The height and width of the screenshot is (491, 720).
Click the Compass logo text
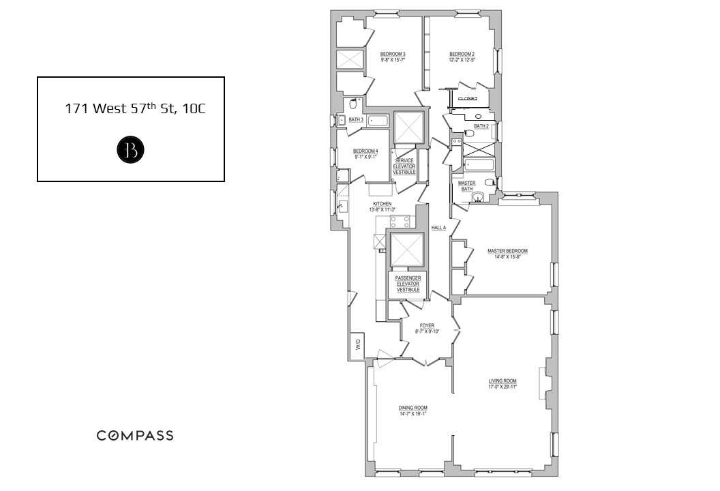point(134,436)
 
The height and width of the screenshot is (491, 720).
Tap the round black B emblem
point(130,151)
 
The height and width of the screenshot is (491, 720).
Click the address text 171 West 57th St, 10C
point(134,108)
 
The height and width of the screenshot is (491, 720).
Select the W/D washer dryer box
point(357,345)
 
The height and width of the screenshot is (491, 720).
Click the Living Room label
point(502,381)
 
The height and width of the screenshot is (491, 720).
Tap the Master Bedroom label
point(507,251)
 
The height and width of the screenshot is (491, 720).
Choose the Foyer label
point(427,326)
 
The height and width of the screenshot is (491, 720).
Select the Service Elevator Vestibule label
point(404,166)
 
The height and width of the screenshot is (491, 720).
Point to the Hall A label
point(438,228)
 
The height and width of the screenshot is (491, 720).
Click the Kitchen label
point(382,204)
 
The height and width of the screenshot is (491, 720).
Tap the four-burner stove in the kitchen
point(400,221)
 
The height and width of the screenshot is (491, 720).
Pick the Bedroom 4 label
point(365,151)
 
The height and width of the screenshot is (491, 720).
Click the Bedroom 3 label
point(393,54)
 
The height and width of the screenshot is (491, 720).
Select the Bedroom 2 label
point(462,54)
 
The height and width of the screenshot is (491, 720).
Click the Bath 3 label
point(356,120)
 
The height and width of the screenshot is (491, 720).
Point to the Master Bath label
point(467,186)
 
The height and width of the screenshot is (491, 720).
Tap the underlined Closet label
point(467,99)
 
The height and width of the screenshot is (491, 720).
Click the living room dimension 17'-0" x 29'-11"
point(502,387)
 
